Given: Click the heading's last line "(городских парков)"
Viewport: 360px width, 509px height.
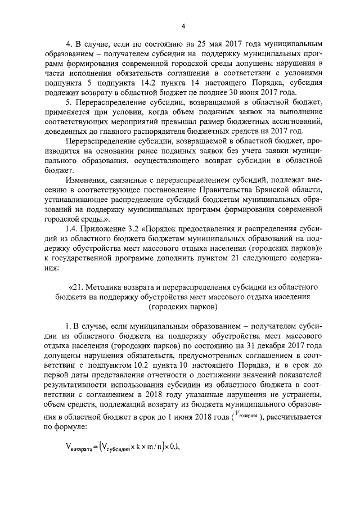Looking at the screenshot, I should tap(183, 307).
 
